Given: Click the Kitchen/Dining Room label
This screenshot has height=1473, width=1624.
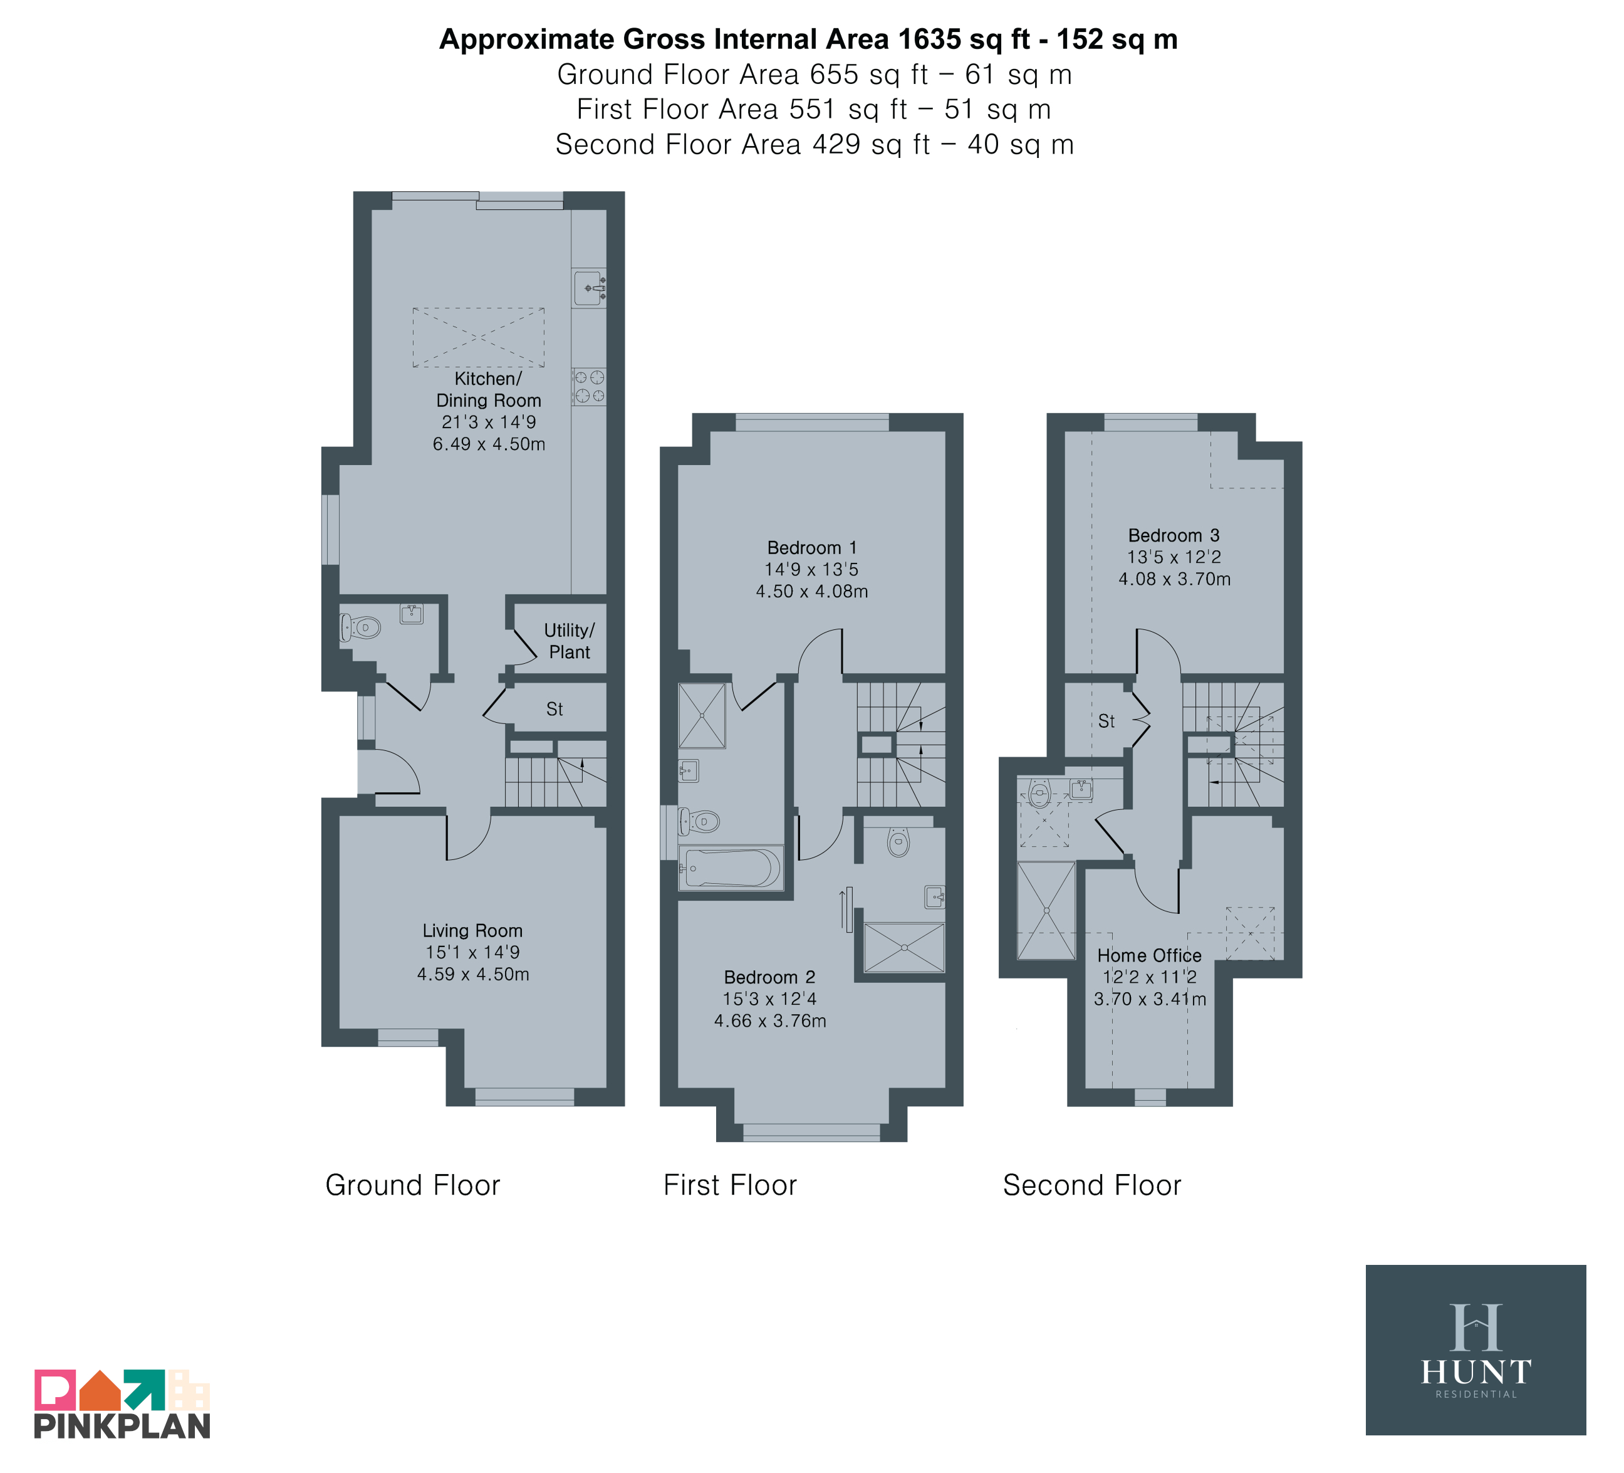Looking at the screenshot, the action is tap(488, 389).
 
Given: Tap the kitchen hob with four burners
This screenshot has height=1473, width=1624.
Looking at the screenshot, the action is tap(589, 386).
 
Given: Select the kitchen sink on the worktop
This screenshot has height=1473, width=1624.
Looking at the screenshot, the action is tap(589, 288).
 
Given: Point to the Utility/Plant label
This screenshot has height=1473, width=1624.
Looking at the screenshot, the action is tap(570, 641).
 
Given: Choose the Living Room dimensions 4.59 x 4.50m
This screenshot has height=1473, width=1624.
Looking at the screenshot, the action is tap(473, 974).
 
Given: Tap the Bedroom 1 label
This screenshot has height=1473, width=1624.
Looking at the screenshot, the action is tap(812, 548).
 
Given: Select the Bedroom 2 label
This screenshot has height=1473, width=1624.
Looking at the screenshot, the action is tap(769, 977).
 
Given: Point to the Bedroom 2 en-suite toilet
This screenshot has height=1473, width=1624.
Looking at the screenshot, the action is tap(898, 841).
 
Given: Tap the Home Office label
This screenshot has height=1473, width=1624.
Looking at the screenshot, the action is tap(1150, 956).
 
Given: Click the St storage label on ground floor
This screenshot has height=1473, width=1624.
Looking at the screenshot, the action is tap(554, 709).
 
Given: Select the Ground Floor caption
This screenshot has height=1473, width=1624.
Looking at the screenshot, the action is tap(412, 1185).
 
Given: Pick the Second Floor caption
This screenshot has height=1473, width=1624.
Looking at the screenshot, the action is tap(1091, 1185).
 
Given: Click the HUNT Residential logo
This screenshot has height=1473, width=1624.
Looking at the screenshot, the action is tap(1476, 1350).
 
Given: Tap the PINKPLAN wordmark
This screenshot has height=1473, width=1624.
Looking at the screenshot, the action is tap(122, 1426).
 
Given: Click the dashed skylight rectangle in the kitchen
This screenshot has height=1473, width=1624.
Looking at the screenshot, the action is tap(479, 337).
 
